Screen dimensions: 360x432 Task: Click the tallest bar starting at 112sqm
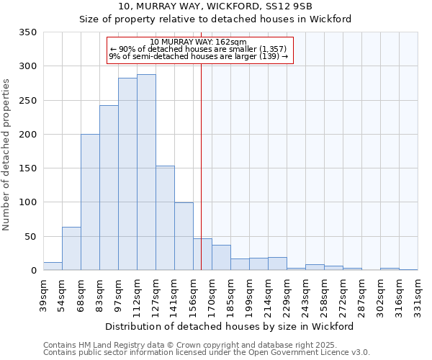tap(146, 173)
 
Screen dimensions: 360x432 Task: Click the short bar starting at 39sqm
tap(53, 266)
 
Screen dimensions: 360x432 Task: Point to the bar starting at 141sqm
tap(184, 237)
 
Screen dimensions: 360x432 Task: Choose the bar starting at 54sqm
tap(71, 249)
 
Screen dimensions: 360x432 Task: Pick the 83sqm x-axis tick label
tap(100, 294)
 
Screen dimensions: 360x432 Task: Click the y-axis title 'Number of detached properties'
tap(8, 155)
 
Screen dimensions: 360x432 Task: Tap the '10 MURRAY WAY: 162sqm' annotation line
tap(199, 42)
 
